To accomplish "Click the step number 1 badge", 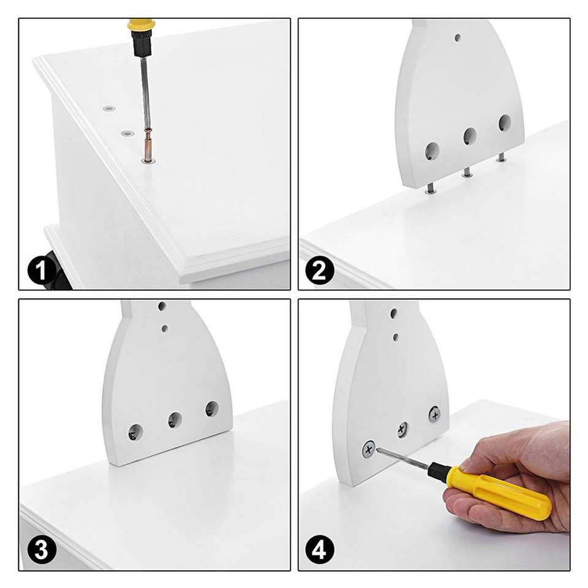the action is click(42, 270).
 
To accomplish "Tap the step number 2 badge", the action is click(320, 270).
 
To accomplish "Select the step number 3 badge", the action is click(42, 550).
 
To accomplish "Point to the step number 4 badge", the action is click(320, 550).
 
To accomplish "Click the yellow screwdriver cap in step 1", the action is click(141, 26).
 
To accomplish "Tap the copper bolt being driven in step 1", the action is click(148, 145).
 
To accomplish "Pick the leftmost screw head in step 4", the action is click(369, 449).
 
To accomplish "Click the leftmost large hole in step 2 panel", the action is click(432, 151).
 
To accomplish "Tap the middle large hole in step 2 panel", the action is click(470, 136).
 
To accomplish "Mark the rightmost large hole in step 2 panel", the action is click(505, 123).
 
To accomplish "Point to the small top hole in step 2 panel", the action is click(458, 37).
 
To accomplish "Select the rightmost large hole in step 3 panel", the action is click(212, 409).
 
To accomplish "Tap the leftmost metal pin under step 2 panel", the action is click(431, 189).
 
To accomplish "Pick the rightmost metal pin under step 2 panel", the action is click(500, 157).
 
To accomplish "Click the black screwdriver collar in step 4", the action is click(437, 470).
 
